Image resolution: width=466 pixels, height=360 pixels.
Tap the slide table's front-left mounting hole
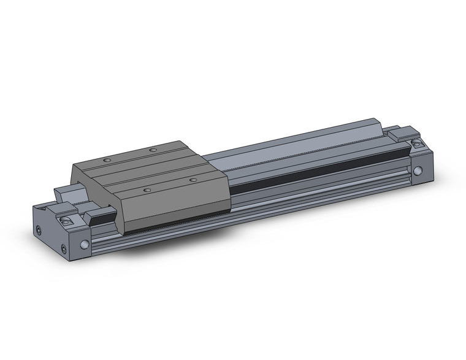tap(147, 190)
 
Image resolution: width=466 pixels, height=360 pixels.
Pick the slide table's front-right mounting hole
tap(193, 179)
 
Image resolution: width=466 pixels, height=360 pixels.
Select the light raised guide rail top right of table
tap(307, 138)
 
